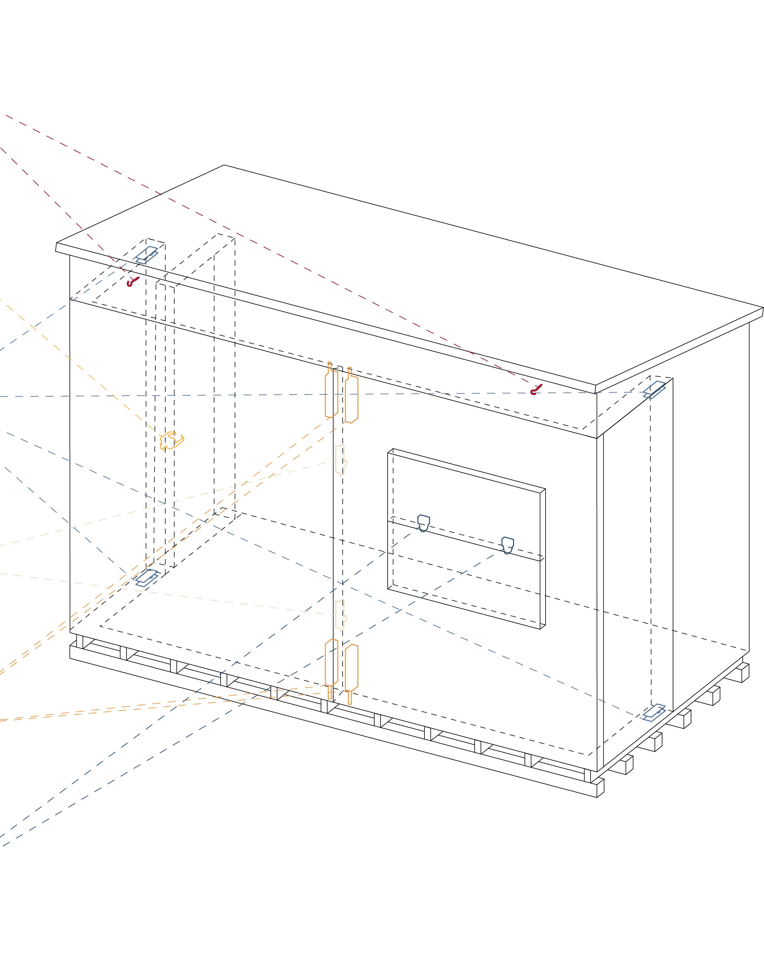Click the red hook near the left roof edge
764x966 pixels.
[132, 282]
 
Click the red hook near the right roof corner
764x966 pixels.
[536, 390]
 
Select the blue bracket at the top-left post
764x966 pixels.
[147, 254]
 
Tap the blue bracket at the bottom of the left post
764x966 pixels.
[146, 578]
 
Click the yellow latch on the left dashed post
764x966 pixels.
[172, 440]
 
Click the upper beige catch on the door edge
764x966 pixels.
[341, 460]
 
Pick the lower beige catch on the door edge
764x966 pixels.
[341, 615]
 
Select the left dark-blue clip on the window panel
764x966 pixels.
[424, 523]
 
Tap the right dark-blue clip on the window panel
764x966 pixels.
[507, 545]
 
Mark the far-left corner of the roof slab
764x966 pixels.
[56, 247]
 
